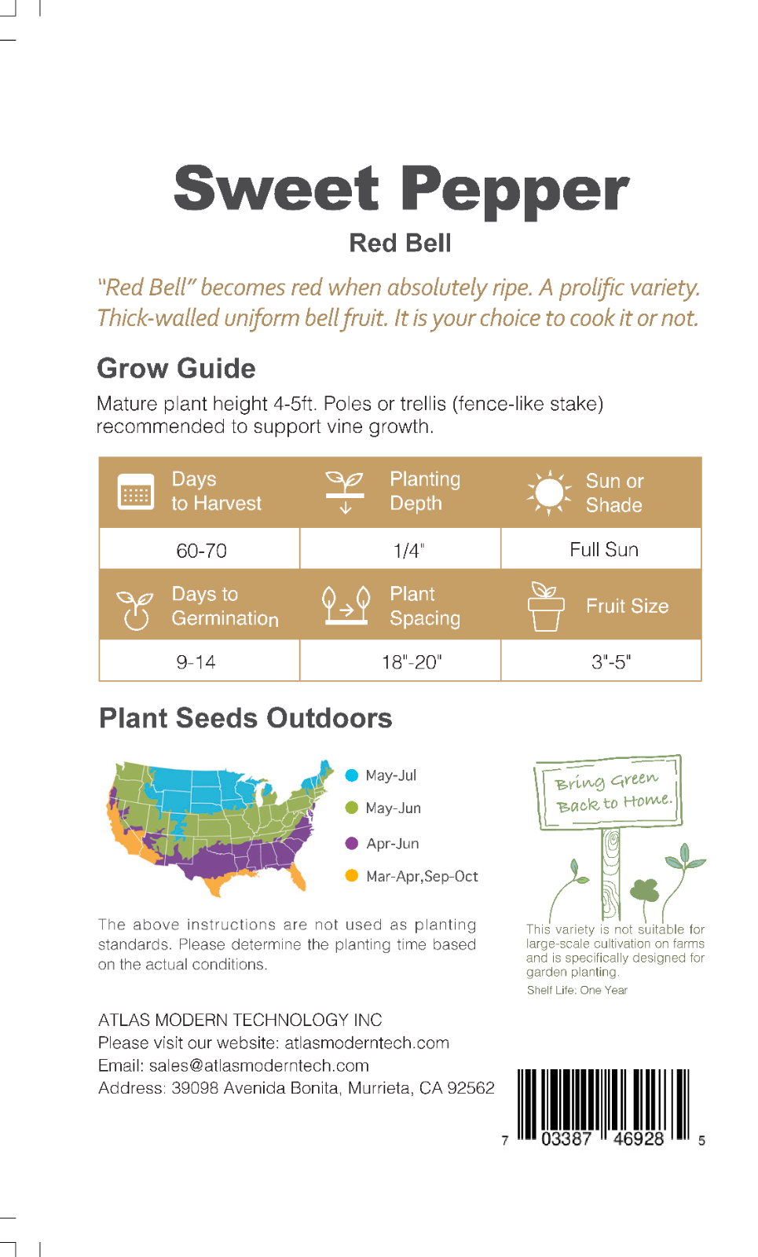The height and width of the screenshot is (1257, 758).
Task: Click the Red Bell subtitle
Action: [400, 244]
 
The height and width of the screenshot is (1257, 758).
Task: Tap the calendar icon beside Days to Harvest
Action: [136, 492]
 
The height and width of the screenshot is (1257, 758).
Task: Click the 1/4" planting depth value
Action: [408, 551]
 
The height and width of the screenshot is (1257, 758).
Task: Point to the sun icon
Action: [549, 493]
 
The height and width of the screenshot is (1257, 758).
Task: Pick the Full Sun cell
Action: [604, 549]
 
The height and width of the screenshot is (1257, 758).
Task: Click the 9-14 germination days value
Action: [196, 662]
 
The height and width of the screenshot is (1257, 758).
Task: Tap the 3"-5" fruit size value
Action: [611, 662]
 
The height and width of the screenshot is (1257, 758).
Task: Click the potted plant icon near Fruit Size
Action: [545, 606]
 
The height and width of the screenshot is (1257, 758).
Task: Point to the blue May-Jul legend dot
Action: [352, 775]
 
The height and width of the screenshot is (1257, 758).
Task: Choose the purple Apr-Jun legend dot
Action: [352, 843]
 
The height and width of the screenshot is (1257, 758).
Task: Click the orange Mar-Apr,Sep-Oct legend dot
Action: [352, 875]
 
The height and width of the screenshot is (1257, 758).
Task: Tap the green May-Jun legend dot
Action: [352, 808]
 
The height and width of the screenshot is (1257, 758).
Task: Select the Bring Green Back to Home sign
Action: [609, 792]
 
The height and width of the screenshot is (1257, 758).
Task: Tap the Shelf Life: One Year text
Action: [577, 990]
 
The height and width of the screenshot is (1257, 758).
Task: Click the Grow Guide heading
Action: [176, 368]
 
